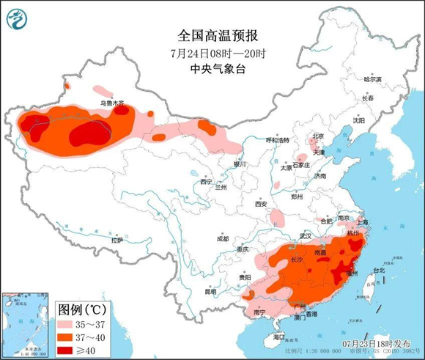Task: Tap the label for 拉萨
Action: [x=117, y=240]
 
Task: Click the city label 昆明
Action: [x=211, y=291]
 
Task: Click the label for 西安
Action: [x=262, y=203]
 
